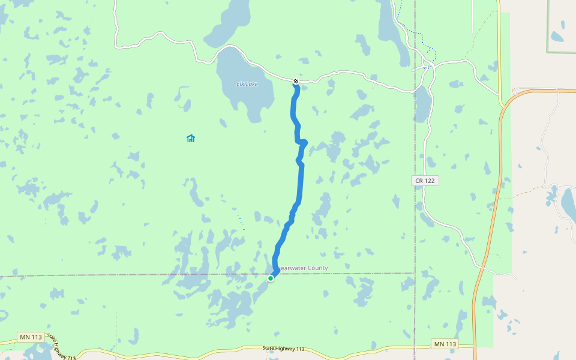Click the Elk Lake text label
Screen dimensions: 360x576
click(247, 84)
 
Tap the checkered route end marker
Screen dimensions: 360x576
click(296, 81)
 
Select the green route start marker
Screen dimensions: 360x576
click(271, 278)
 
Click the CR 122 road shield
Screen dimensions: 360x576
click(425, 181)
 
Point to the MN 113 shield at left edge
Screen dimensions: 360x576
click(31, 337)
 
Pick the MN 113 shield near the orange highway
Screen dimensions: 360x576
click(444, 344)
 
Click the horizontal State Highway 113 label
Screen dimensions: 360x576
click(284, 349)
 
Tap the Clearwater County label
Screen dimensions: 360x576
click(303, 268)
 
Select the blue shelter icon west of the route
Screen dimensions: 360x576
click(191, 139)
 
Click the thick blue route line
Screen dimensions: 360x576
click(300, 180)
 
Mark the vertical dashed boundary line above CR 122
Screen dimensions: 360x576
click(415, 120)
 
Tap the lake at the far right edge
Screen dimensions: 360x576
click(568, 204)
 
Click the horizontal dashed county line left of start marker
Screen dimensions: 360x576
click(120, 275)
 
